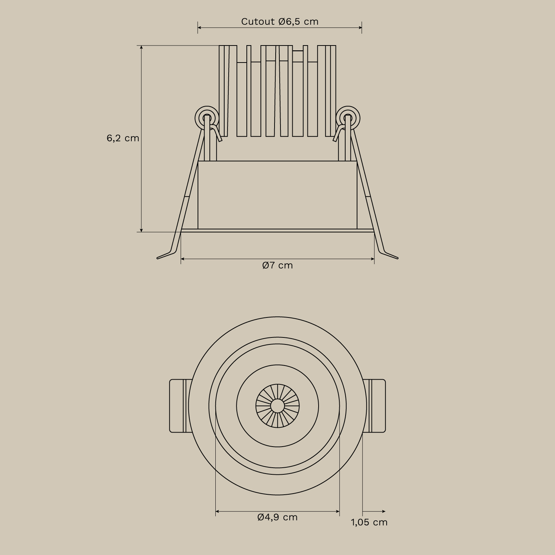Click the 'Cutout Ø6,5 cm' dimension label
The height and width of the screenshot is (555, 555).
(280, 21)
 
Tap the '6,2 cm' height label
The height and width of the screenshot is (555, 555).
(123, 138)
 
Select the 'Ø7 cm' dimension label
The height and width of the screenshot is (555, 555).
(277, 265)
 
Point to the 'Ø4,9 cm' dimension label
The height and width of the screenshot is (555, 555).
(277, 517)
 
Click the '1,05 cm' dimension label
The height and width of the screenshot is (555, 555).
(369, 522)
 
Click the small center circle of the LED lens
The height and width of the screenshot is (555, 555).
(277, 406)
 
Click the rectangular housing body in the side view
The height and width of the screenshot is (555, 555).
(277, 195)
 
